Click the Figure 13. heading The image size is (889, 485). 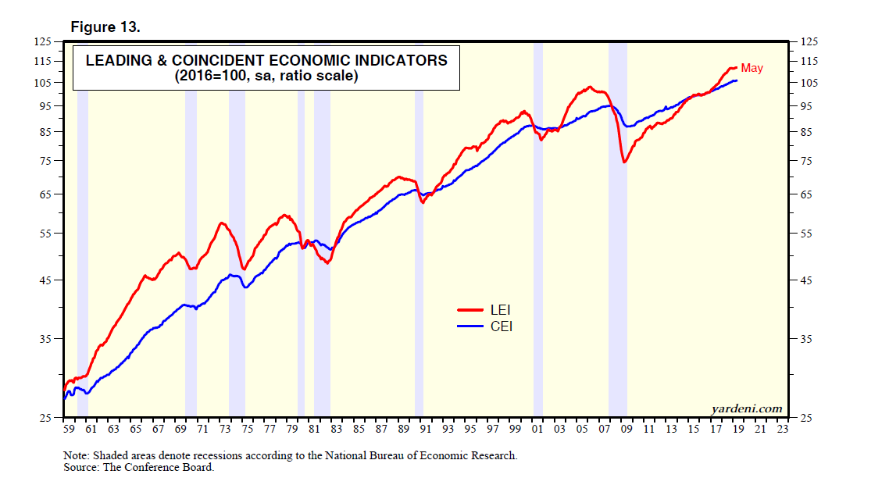(x=105, y=27)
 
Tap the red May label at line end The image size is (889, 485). (x=752, y=68)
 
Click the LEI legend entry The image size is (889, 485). (x=500, y=311)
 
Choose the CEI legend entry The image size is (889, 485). (x=501, y=326)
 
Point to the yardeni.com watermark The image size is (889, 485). (x=746, y=408)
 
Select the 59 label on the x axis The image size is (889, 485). (x=68, y=429)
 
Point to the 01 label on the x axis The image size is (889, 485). (x=537, y=429)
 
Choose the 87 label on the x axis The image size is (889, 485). (x=381, y=429)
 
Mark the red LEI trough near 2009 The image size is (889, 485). (x=624, y=162)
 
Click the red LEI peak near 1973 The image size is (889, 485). (x=222, y=223)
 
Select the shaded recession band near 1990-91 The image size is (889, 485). (x=419, y=312)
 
